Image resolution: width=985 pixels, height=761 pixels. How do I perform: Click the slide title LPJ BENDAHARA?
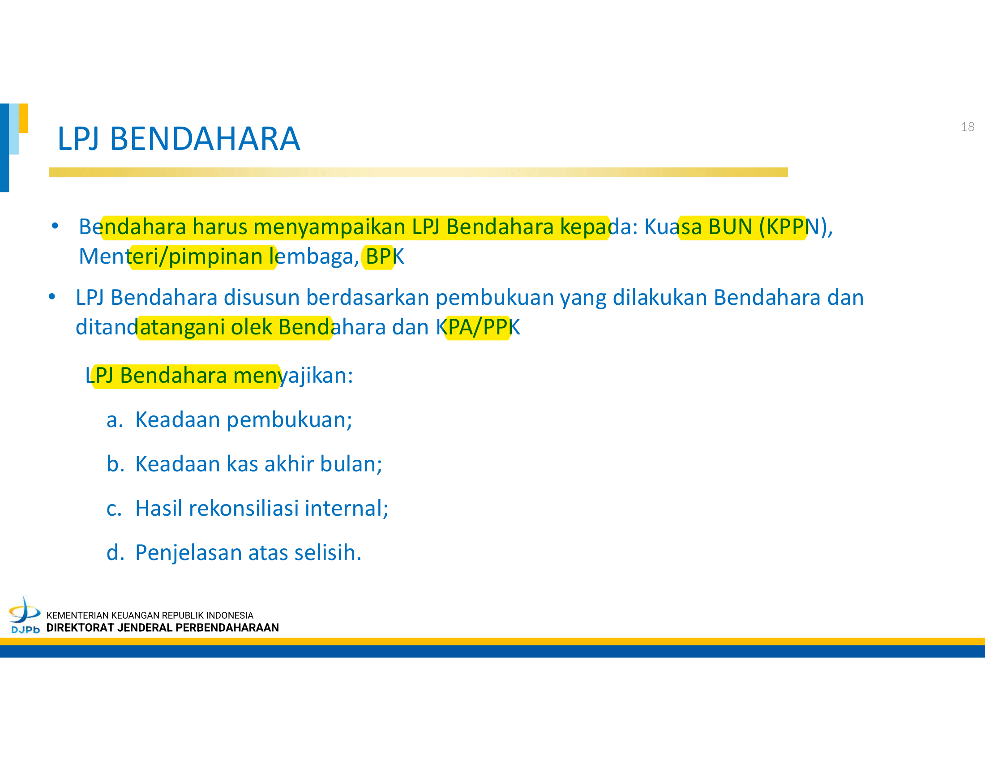click(179, 139)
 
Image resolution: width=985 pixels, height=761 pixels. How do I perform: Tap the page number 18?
click(968, 127)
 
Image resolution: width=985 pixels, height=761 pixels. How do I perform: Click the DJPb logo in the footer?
click(25, 615)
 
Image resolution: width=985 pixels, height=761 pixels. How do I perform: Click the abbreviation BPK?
click(385, 257)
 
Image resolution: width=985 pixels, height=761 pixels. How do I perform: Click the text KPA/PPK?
click(478, 327)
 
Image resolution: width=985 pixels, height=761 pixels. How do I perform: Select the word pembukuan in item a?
click(289, 420)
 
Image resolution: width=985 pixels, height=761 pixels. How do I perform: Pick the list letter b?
click(115, 464)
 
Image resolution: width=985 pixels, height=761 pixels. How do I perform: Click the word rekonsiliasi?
click(244, 508)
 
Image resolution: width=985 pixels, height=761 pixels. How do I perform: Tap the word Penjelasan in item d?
click(188, 553)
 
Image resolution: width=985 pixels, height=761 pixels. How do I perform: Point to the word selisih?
click(328, 552)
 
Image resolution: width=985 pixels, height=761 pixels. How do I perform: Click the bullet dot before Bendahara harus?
click(55, 226)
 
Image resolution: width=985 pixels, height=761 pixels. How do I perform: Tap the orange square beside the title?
click(23, 118)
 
